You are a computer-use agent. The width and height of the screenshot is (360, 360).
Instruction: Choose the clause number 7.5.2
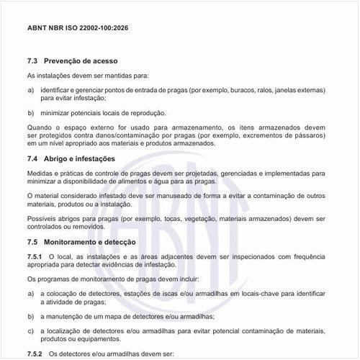[x=35, y=355]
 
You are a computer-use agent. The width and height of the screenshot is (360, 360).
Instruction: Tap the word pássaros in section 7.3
[x=309, y=135]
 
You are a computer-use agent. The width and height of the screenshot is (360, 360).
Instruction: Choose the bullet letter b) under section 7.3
[x=30, y=113]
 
